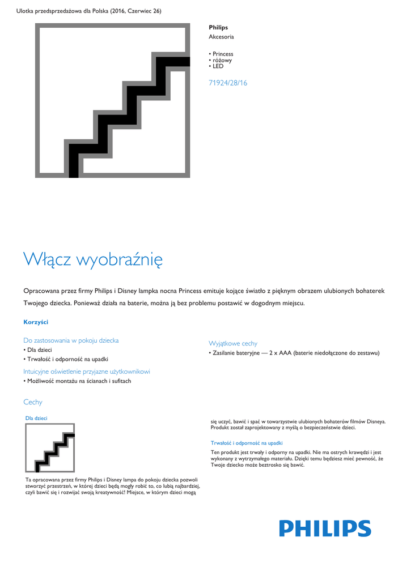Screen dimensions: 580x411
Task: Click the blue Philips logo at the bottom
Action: point(324,528)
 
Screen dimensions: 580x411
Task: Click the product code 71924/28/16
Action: point(228,83)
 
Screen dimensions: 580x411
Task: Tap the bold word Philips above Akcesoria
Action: point(218,27)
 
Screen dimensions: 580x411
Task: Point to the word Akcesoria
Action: point(221,37)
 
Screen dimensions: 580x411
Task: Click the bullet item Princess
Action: point(223,54)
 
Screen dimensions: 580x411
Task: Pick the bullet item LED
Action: point(218,66)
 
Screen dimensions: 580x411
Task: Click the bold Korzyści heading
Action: point(36,322)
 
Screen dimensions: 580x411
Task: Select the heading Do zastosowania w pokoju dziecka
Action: point(71,340)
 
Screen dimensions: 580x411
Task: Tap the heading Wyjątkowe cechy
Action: point(233,343)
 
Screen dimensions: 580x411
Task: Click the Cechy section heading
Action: point(33,402)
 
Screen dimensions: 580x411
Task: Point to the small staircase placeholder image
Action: point(50,448)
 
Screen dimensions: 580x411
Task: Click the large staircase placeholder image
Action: point(113,101)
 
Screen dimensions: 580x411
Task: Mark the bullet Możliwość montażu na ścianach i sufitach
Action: point(79,381)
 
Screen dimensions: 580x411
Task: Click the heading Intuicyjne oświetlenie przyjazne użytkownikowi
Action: point(87,372)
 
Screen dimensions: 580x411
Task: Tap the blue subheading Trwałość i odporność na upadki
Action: point(247,443)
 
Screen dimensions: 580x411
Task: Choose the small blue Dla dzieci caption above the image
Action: point(36,418)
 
